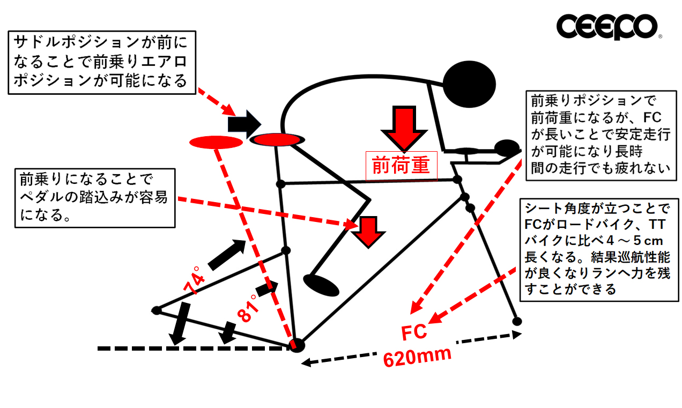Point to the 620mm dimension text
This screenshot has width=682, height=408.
[x=417, y=356]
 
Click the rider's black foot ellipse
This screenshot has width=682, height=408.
[x=321, y=285]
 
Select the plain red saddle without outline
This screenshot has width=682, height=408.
[x=216, y=142]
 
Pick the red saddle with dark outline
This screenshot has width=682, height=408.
[x=277, y=140]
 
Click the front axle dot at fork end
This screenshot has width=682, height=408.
[x=517, y=321]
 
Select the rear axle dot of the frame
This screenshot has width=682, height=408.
[x=157, y=310]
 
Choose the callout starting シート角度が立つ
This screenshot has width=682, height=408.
[x=595, y=248]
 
